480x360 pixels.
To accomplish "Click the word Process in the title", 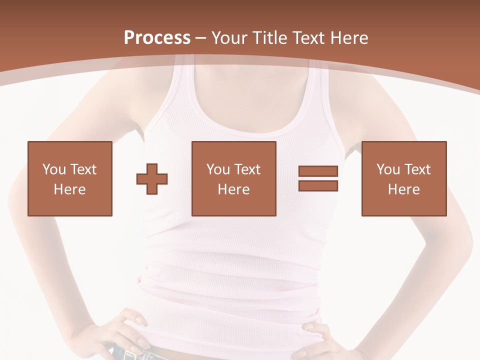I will pos(157,38).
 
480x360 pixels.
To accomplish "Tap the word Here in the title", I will pos(349,38).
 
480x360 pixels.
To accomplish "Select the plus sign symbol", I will pos(152,179).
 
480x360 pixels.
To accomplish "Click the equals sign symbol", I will pos(318,178).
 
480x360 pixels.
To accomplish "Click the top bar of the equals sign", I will pos(318,171).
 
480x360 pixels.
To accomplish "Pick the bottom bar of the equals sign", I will pos(318,186).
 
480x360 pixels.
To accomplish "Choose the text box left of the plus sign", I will pos(70,178).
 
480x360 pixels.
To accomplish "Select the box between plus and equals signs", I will pos(234,178).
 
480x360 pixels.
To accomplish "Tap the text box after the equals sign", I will pos(404,178).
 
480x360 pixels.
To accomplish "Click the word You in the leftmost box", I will pos(54,169).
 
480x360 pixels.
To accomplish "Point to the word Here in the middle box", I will pos(234,189).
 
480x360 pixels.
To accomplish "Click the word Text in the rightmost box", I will pos(418,169).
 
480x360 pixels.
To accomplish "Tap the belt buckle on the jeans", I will pos(131,355).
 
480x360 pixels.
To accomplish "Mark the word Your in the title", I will pos(229,38).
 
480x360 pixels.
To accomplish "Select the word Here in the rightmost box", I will pos(404,189).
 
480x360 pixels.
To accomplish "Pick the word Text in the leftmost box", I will pos(83,169).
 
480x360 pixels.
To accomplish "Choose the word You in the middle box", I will pos(218,169).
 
